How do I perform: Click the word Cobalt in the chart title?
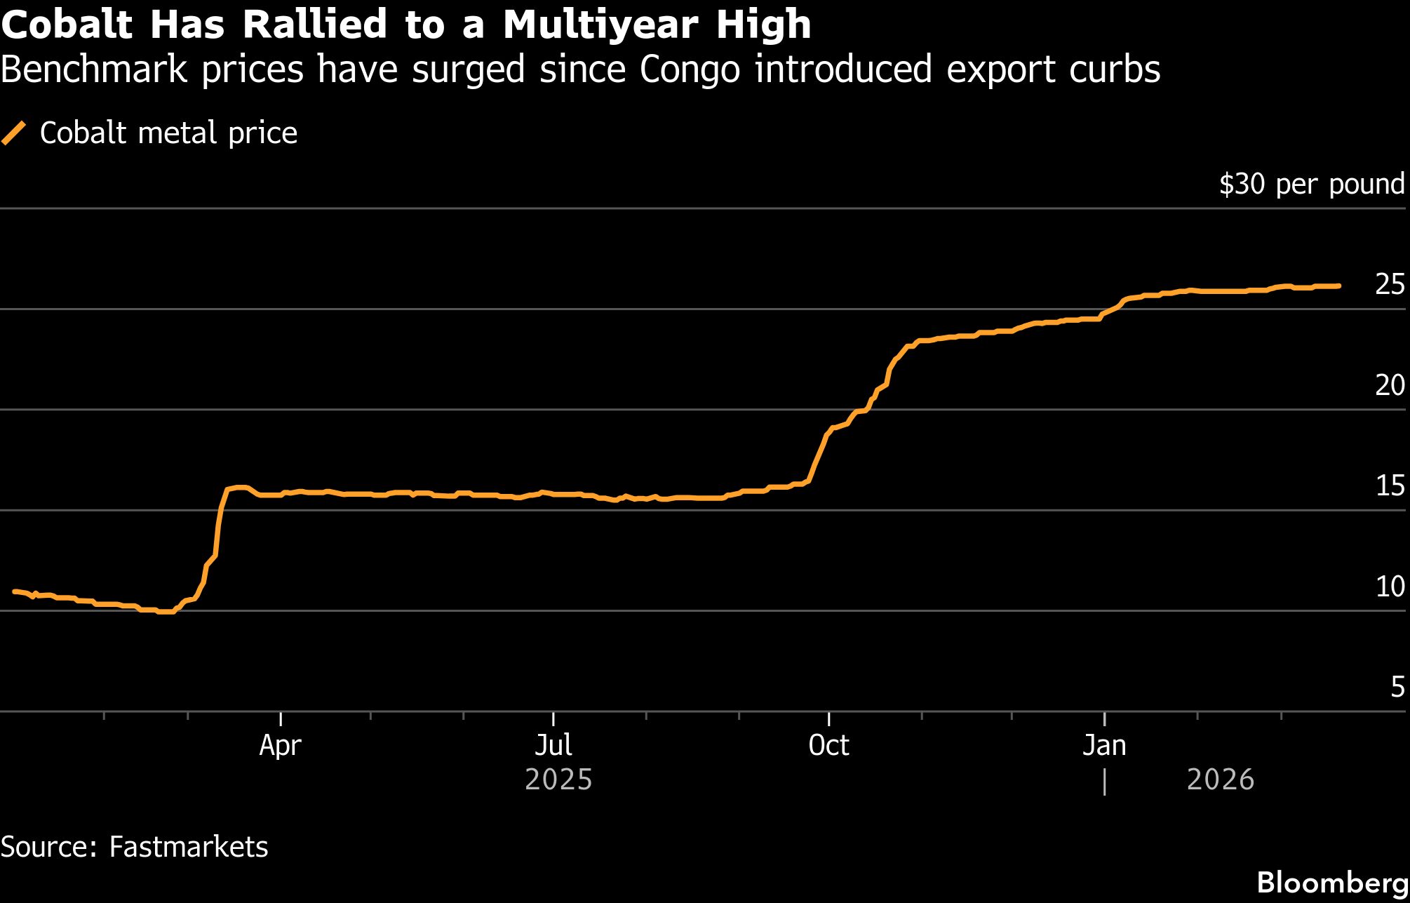click(x=67, y=25)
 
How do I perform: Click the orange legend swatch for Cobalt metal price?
click(x=14, y=133)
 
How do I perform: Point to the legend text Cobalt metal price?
click(x=168, y=133)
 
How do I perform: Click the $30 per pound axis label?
click(x=1312, y=184)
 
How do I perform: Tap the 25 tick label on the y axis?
click(x=1390, y=284)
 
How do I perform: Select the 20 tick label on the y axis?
click(x=1390, y=385)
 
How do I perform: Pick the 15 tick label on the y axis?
click(x=1390, y=486)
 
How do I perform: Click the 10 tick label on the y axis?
click(x=1390, y=587)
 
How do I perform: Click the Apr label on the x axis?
click(x=280, y=745)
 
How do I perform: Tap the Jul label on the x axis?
click(x=553, y=745)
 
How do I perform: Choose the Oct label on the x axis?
click(x=828, y=745)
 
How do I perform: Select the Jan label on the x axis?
click(x=1104, y=745)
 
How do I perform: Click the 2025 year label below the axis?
click(x=558, y=780)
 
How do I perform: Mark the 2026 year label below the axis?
click(x=1220, y=780)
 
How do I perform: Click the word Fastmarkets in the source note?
click(x=189, y=847)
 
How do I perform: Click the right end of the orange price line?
click(x=1338, y=286)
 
